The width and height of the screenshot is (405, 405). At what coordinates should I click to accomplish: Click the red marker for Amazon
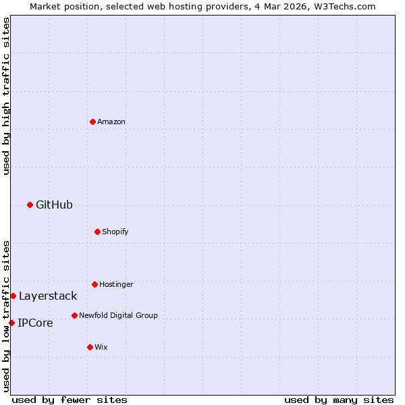92,122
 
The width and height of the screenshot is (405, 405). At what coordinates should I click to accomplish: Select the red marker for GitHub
30,205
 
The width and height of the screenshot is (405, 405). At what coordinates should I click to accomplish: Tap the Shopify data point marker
97,232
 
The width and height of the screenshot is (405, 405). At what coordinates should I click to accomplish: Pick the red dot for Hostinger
94,284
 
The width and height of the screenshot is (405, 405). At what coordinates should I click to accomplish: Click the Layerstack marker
13,296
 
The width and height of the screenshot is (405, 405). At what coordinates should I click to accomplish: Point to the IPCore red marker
11,323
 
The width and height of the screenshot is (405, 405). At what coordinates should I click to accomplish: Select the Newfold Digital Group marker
74,315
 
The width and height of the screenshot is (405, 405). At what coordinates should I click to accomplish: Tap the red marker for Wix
90,347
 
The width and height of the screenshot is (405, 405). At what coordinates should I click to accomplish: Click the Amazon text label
111,122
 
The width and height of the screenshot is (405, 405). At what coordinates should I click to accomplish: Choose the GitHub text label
54,205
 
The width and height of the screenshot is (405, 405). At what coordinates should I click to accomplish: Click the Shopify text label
115,232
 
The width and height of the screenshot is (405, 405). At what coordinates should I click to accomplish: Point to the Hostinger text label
116,284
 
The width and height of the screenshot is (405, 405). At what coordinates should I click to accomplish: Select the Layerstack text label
48,296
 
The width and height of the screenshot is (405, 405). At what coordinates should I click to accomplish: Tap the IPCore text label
35,323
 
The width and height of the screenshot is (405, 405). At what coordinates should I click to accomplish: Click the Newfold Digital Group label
118,315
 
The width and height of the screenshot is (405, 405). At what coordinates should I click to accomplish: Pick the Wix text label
101,347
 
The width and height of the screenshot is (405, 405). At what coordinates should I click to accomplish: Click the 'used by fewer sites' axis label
70,400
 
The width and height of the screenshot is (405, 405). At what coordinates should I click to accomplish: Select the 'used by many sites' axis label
339,400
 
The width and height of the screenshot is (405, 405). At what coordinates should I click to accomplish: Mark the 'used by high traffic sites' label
6,97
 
